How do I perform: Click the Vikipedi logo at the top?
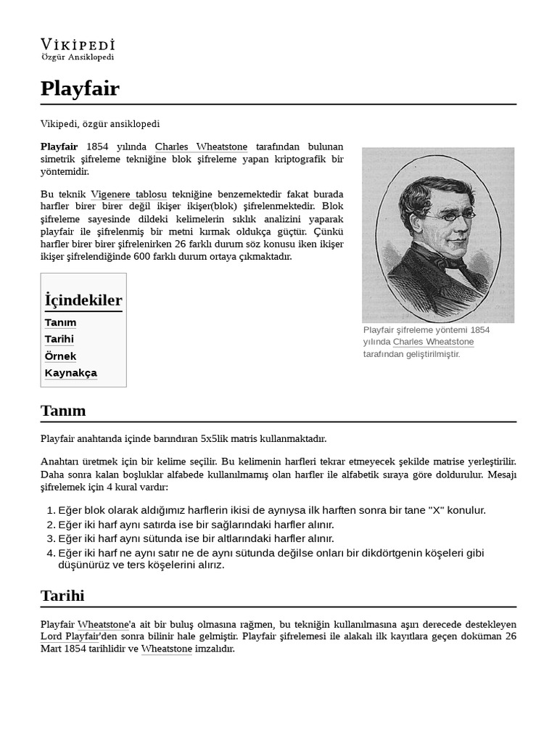point(78,44)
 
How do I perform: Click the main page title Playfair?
point(80,89)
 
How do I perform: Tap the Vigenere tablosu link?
point(129,194)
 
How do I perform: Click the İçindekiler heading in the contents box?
point(83,300)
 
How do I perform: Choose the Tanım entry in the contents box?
point(60,322)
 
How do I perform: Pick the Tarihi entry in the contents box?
point(59,339)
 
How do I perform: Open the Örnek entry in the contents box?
point(60,356)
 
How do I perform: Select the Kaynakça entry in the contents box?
point(70,373)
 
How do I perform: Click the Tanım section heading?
point(63,411)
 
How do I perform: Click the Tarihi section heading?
point(62,596)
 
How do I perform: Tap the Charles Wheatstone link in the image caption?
point(433,342)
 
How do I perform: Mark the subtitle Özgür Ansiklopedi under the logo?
point(78,57)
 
